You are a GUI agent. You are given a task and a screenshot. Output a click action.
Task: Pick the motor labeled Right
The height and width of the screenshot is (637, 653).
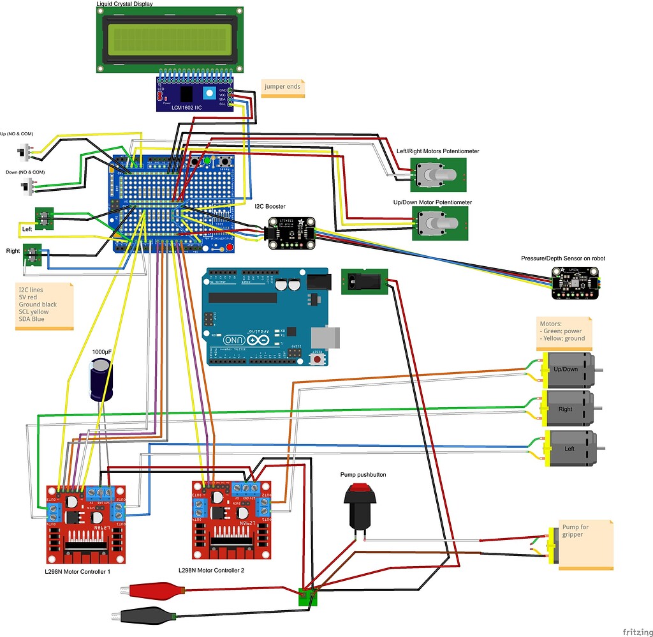566,409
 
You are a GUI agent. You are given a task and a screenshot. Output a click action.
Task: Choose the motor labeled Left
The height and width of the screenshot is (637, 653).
569,449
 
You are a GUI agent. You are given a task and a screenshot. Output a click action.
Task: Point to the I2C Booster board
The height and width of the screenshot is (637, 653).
291,232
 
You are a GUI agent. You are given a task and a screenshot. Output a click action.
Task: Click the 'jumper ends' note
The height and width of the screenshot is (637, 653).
282,87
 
